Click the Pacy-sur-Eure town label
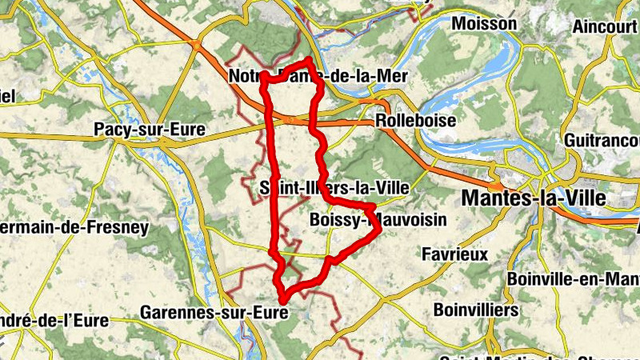pyautogui.click(x=150, y=129)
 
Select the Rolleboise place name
pyautogui.click(x=415, y=121)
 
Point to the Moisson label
pyautogui.click(x=484, y=24)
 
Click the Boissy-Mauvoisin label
pyautogui.click(x=367, y=218)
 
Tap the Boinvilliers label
pyautogui.click(x=475, y=309)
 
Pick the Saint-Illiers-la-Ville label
pyautogui.click(x=334, y=187)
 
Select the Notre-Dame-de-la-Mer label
pyautogui.click(x=318, y=77)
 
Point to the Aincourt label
pyautogui.click(x=605, y=26)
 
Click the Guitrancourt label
pyautogui.click(x=601, y=139)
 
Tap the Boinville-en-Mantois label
pyautogui.click(x=573, y=279)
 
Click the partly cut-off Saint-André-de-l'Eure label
pyautogui.click(x=54, y=321)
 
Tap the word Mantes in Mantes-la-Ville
pyautogui.click(x=493, y=197)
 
